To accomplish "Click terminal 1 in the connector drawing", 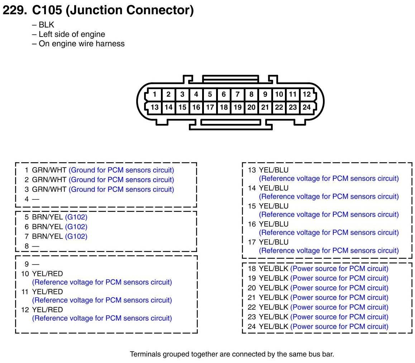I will (154, 95).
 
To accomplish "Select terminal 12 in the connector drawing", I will (306, 95).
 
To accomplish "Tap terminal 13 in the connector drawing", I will (154, 107).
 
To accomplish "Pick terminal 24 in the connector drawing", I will (306, 107).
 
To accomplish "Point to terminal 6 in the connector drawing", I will (224, 95).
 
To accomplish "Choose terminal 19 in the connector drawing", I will (237, 107).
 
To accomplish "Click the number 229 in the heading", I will (15, 10).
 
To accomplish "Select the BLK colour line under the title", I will (46, 25).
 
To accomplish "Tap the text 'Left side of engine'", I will (72, 34).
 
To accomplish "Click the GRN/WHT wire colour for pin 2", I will (49, 180).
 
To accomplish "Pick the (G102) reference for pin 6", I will (76, 227).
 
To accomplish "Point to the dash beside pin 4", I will (35, 199).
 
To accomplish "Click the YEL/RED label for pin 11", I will (47, 292).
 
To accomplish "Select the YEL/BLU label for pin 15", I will (273, 206).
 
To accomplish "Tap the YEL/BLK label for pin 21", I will (273, 297).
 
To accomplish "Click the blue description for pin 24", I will (339, 326).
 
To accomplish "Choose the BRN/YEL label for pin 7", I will (47, 236).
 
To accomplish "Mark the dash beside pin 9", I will (35, 264).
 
